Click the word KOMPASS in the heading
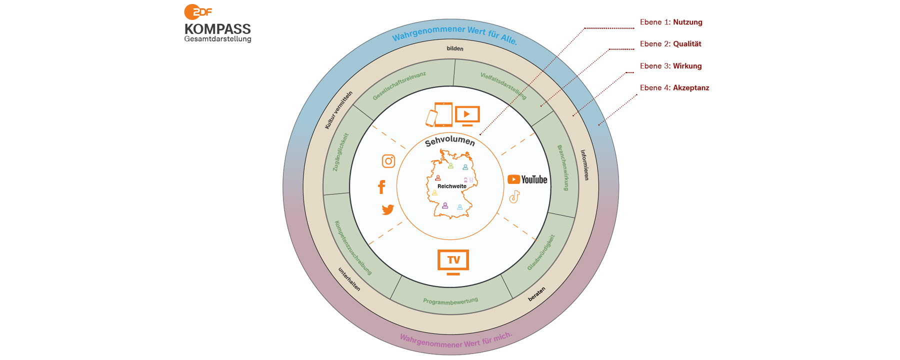pos(217,29)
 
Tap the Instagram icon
pos(388,161)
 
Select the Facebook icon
pos(381,186)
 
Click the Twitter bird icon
pos(387,209)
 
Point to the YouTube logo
pos(527,179)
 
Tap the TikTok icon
pos(514,196)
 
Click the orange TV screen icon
pos(453,261)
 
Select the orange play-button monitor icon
pos(467,115)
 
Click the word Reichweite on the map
pos(451,186)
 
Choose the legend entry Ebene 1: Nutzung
pos(671,22)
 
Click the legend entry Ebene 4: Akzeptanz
pos(674,88)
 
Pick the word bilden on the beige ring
pos(455,48)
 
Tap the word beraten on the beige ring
pos(537,294)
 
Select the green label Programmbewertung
pos(450,301)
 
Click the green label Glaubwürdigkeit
pos(541,252)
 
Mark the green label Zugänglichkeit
pos(341,152)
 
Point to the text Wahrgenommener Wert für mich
pos(456,340)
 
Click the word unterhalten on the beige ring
pos(349,279)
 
